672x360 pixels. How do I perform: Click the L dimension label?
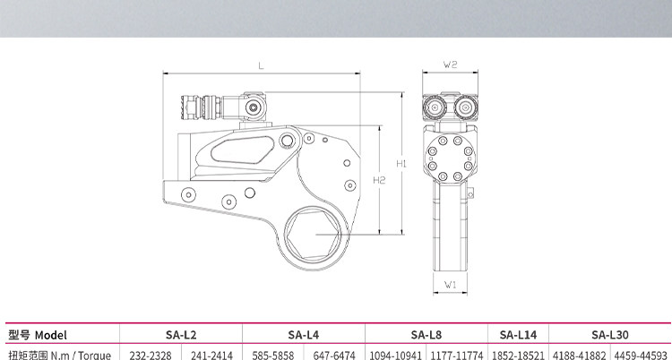click(261, 66)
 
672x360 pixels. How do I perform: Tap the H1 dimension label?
click(401, 163)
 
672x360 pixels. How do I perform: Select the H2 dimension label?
click(379, 180)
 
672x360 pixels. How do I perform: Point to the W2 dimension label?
click(450, 64)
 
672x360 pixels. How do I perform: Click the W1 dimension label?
click(450, 285)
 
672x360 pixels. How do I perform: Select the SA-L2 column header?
click(181, 335)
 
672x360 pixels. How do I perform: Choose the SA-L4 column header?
click(304, 335)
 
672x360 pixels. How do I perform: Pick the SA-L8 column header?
click(426, 335)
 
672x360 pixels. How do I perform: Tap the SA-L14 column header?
click(518, 335)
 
